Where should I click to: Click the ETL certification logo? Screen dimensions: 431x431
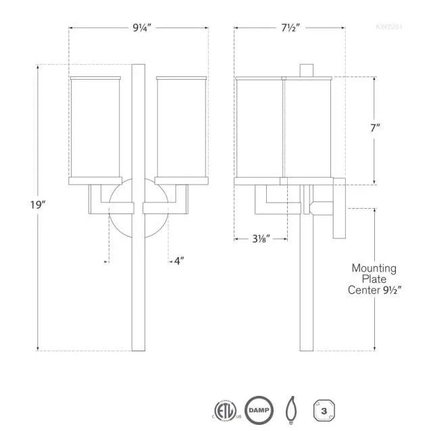224,409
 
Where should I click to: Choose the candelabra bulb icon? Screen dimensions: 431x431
292,409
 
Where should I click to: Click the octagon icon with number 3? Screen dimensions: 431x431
324,409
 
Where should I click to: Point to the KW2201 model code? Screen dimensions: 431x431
389,28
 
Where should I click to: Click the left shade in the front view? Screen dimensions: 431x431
95,128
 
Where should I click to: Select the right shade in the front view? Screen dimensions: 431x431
181,128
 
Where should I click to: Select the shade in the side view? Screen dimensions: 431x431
283,128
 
